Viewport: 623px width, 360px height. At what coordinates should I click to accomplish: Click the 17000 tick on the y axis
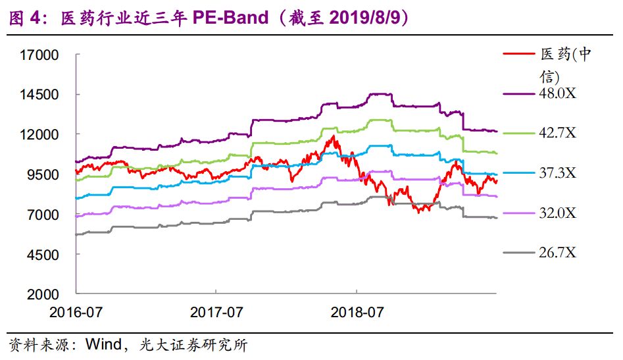(x=41, y=55)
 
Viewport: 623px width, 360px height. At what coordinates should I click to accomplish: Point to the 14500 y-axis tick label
(x=41, y=95)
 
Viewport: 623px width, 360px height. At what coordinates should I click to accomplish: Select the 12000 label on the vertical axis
(x=41, y=135)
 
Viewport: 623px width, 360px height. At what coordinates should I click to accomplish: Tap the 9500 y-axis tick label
(x=44, y=175)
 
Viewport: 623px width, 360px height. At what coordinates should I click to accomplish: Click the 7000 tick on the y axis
(x=44, y=215)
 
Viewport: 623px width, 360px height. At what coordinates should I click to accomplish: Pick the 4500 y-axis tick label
(x=44, y=255)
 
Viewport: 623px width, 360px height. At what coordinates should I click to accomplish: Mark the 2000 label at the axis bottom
(x=44, y=295)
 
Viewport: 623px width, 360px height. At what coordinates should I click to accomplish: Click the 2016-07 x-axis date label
(x=75, y=311)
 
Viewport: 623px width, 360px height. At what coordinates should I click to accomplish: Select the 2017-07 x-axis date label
(x=216, y=311)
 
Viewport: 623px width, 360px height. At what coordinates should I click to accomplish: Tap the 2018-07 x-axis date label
(x=356, y=311)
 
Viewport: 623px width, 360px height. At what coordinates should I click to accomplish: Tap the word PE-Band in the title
(x=230, y=18)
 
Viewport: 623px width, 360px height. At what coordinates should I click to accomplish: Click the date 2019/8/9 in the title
(x=366, y=18)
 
